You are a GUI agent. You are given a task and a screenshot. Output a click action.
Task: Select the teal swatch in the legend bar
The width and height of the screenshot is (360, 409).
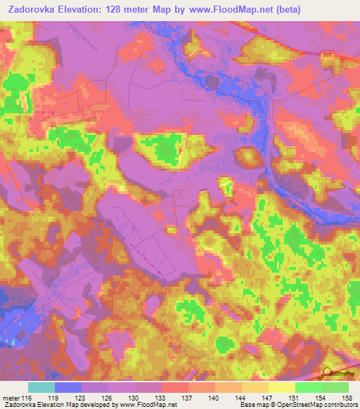pyautogui.click(x=41, y=387)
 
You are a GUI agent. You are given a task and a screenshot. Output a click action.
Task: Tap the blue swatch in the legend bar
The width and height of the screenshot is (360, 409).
pyautogui.click(x=68, y=387)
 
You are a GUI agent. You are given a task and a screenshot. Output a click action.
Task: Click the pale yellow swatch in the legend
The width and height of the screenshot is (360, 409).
pyautogui.click(x=281, y=387)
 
